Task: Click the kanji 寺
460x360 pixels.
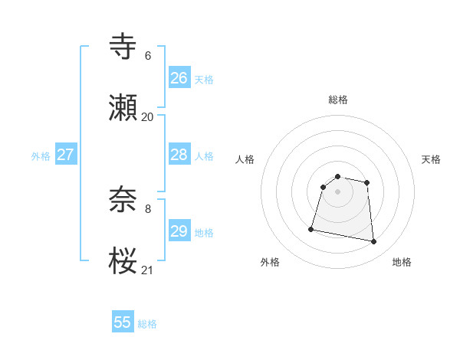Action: tap(123, 47)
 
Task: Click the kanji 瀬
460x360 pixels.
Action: tap(123, 108)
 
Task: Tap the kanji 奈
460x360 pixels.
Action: tap(123, 199)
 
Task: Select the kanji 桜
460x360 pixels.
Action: tap(123, 260)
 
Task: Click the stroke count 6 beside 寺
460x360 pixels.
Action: tap(148, 56)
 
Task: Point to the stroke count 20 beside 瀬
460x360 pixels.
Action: tap(147, 117)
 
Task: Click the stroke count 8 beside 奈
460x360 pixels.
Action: tap(148, 208)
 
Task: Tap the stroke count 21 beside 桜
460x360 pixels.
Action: tap(147, 270)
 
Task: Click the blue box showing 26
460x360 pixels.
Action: tap(179, 78)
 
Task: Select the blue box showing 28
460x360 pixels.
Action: tap(179, 155)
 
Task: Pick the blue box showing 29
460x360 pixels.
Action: tap(179, 231)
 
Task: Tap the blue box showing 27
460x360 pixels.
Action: tap(66, 155)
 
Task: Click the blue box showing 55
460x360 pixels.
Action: tap(123, 322)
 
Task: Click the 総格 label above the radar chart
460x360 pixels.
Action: tap(338, 100)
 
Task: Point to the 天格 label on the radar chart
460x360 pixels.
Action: tap(431, 159)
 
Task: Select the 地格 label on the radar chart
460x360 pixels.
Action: tap(402, 262)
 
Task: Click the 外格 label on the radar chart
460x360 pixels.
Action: tap(270, 262)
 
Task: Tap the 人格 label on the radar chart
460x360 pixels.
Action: tap(245, 159)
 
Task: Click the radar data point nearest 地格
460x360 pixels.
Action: tap(374, 242)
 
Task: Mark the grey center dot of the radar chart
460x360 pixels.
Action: tap(338, 191)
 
